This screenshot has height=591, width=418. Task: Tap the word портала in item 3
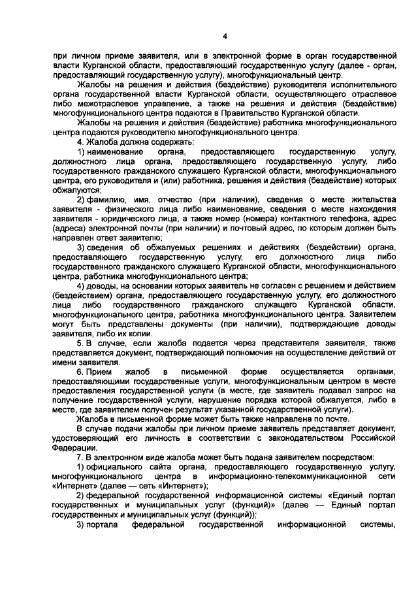pos(104,524)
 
